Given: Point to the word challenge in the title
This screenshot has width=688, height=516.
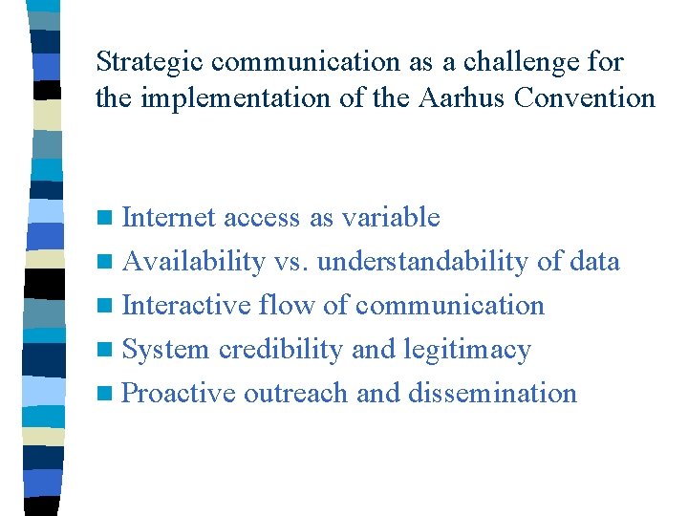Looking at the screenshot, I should pyautogui.click(x=517, y=63).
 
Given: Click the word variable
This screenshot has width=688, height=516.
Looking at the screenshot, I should pyautogui.click(x=387, y=218).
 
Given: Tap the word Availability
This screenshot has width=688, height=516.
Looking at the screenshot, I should pyautogui.click(x=194, y=262).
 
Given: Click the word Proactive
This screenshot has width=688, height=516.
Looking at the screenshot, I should pyautogui.click(x=180, y=394).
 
